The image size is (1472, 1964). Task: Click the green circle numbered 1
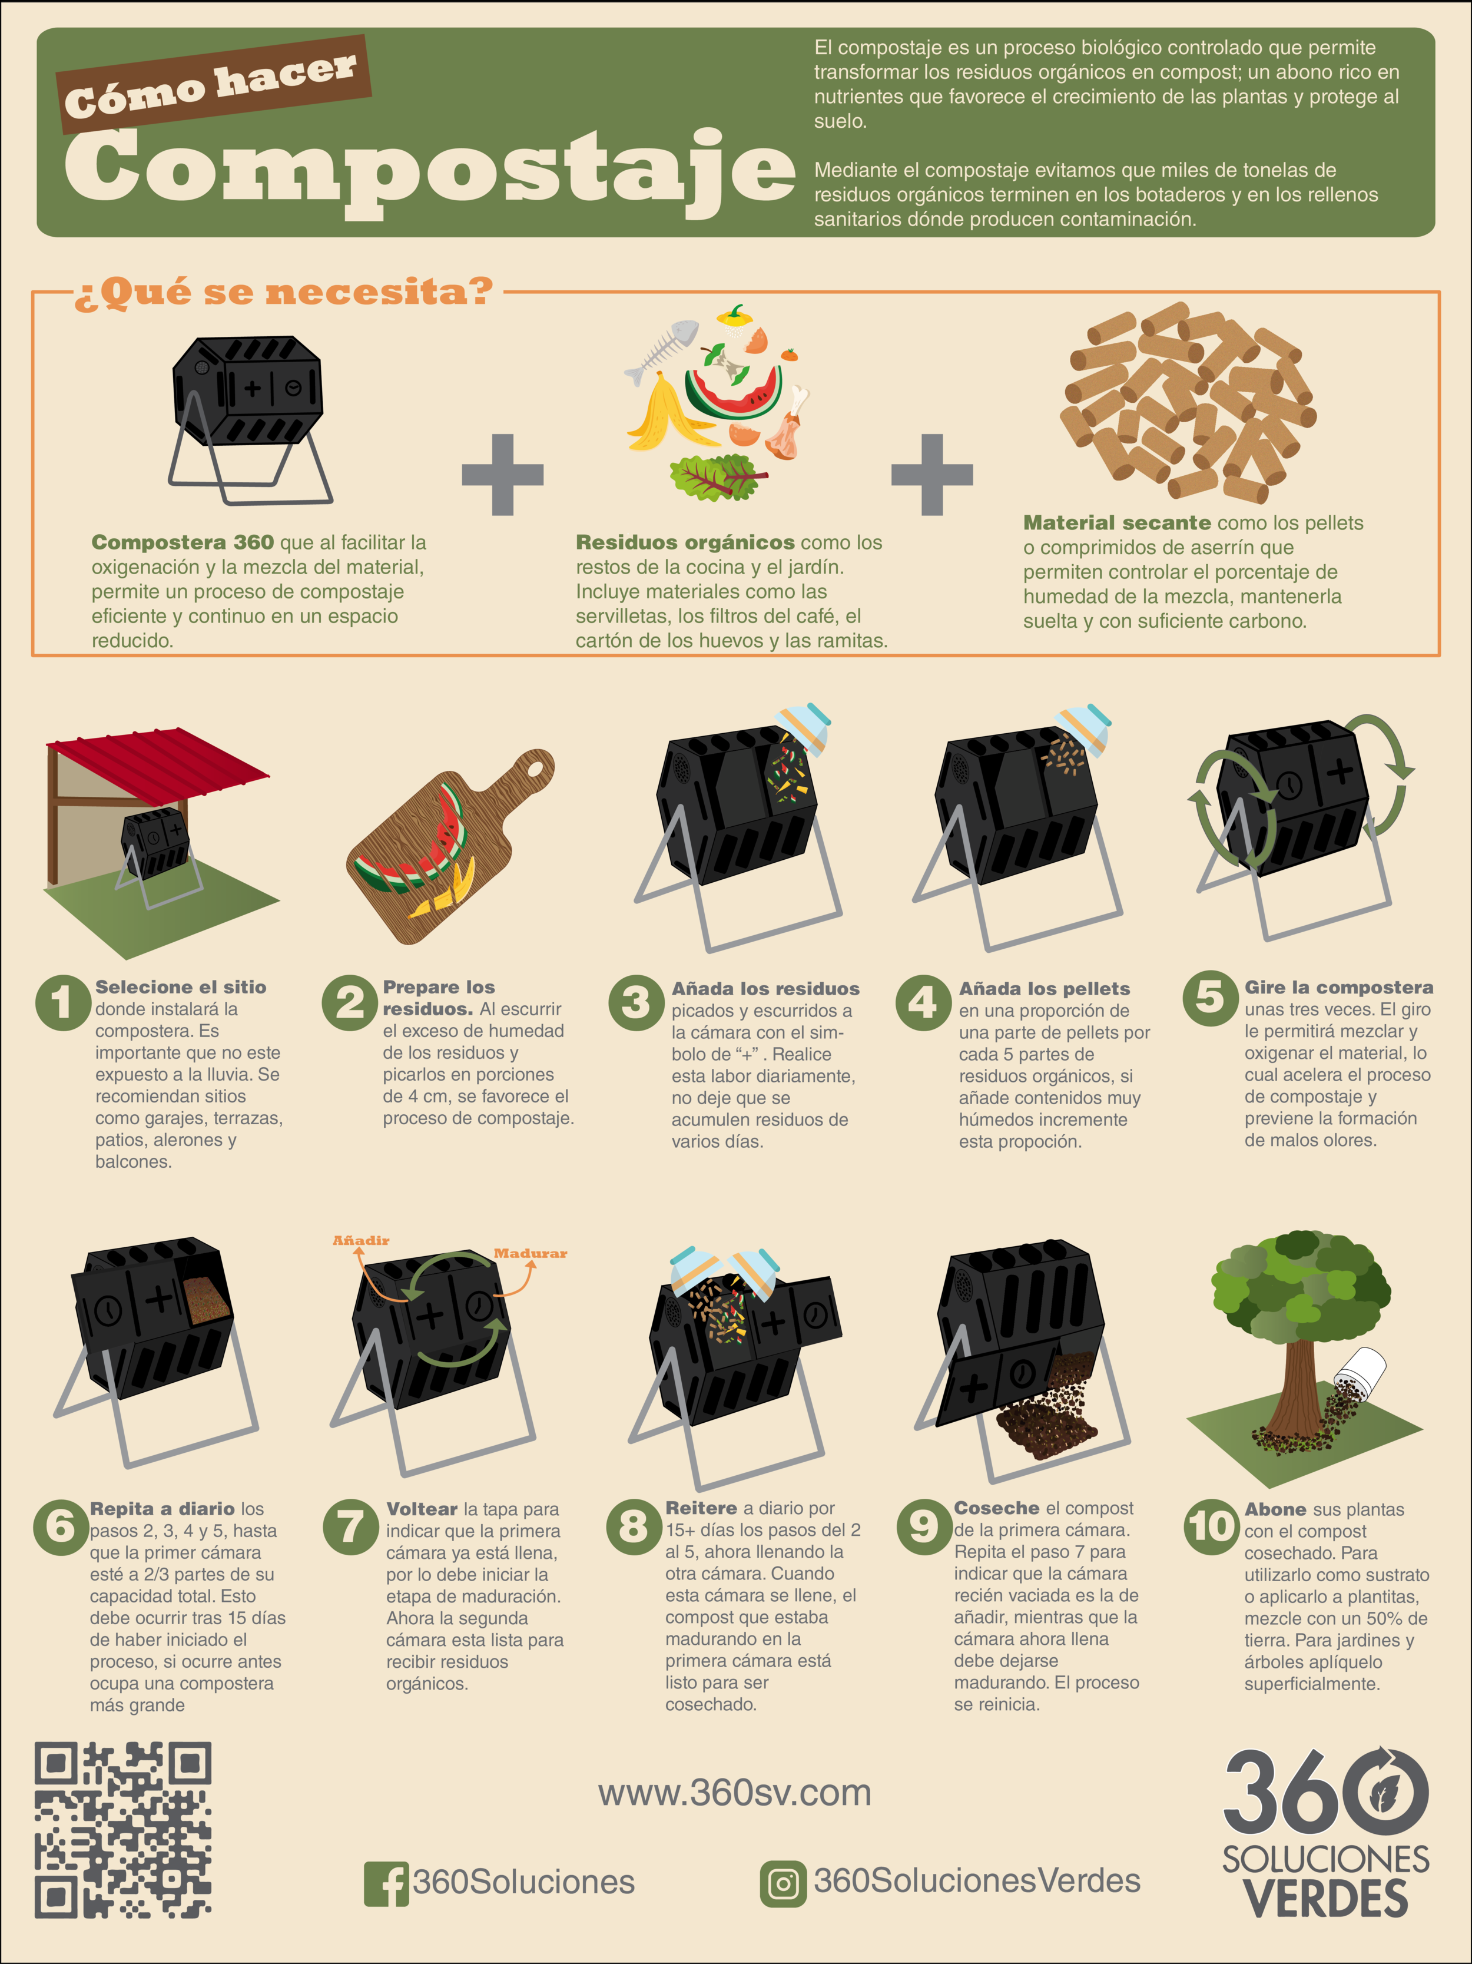(62, 1002)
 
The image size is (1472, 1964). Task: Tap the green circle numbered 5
(1210, 998)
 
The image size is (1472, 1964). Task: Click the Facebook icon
(385, 1883)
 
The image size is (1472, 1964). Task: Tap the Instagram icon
(782, 1883)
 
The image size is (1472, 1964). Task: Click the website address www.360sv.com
(734, 1793)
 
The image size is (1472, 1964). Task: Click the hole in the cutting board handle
(537, 766)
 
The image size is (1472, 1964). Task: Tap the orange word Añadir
(360, 1240)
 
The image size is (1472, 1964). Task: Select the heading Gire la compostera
(1338, 988)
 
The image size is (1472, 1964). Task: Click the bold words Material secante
(1116, 522)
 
